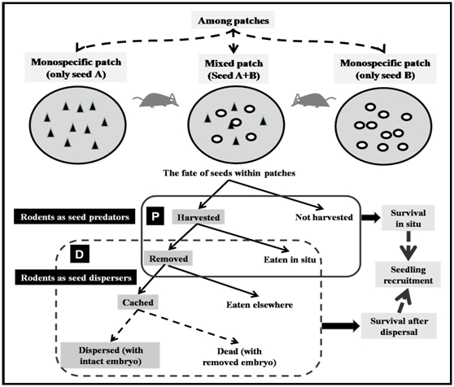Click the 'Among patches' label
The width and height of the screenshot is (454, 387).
234,20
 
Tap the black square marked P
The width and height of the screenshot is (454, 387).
155,215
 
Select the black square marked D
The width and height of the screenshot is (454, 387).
80,254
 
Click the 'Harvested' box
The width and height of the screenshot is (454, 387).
199,217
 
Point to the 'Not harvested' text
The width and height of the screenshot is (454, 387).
324,217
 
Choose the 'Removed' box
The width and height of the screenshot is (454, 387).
168,259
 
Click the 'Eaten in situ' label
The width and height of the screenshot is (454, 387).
290,259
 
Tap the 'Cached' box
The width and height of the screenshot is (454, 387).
138,302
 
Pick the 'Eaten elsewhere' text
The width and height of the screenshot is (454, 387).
260,305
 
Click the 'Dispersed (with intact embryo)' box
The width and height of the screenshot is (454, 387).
111,355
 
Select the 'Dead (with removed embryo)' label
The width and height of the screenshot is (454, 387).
239,357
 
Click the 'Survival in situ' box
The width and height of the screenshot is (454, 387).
408,218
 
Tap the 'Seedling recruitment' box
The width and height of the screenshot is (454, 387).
408,275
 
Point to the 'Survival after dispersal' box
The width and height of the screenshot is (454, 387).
399,326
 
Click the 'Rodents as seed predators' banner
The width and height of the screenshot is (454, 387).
75,216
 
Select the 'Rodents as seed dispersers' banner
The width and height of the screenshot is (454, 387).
76,277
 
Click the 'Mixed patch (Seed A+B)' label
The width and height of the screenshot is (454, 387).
234,69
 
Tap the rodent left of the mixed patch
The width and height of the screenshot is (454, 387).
156,100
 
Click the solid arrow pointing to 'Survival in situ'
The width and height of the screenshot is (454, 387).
371,217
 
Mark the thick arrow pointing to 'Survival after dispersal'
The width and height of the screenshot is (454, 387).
341,326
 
